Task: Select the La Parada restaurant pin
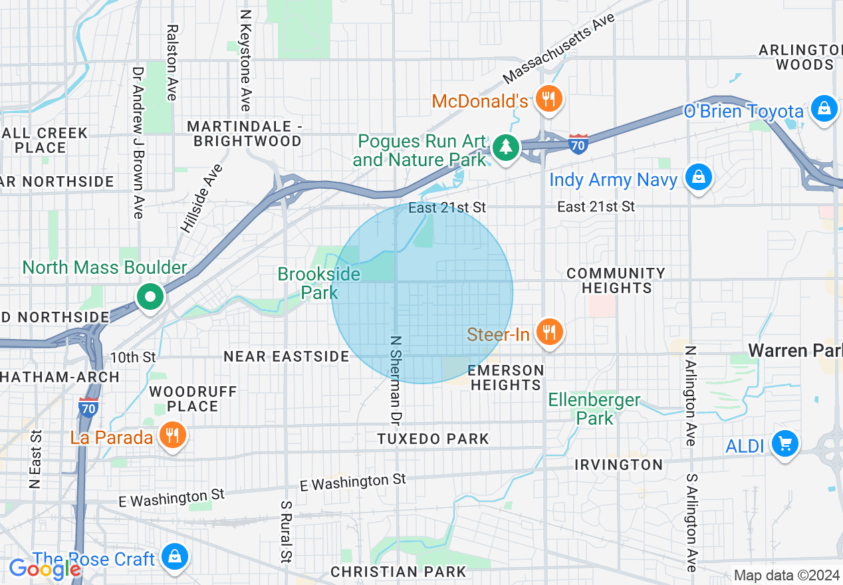[173, 436]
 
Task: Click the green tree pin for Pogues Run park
[506, 148]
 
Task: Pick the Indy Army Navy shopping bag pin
[699, 177]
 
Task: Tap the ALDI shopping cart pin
[784, 443]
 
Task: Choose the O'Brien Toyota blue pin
[824, 108]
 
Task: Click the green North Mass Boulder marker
[151, 297]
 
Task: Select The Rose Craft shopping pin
[175, 557]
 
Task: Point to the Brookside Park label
[319, 283]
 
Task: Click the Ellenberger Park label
[594, 409]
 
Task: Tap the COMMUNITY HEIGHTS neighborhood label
[616, 281]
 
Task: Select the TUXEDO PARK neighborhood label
[433, 439]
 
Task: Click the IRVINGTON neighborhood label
[618, 465]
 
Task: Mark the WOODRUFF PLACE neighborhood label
[193, 399]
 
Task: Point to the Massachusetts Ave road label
[559, 49]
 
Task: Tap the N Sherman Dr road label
[396, 379]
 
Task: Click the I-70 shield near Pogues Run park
[578, 144]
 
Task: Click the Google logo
[45, 569]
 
